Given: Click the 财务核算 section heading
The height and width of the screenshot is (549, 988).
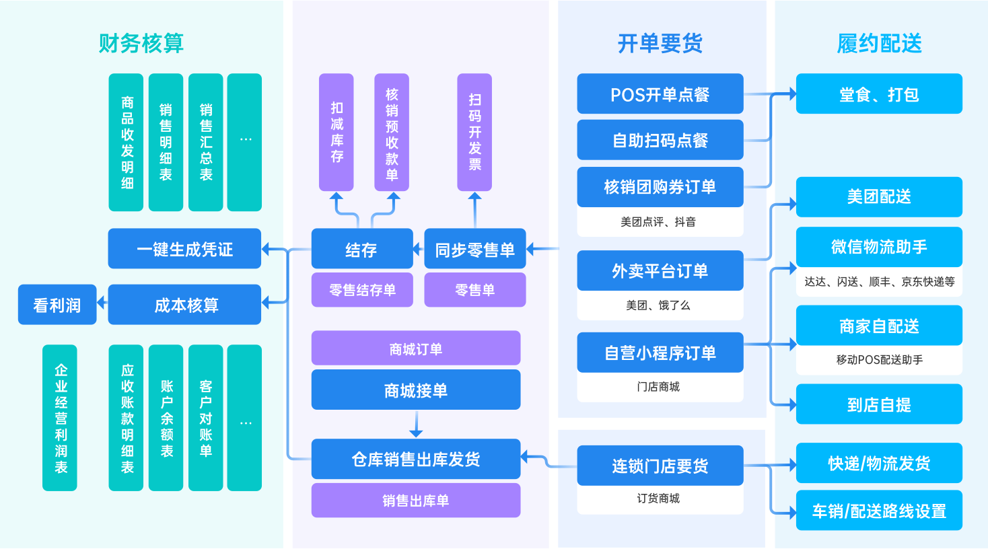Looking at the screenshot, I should pos(141,43).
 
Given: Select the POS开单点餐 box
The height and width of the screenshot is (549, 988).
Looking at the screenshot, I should pos(660,94).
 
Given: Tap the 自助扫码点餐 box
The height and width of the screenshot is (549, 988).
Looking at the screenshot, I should pos(660,140).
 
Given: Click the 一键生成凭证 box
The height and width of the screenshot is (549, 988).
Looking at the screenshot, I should pos(184,249).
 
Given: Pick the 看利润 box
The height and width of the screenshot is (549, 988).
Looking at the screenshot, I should pos(57,305).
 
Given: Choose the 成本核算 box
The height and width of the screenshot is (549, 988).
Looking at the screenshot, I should pos(184,305).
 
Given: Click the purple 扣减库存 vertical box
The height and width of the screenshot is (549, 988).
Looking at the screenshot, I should pos(337,133).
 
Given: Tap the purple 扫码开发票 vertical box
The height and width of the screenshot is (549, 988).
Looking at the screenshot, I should pos(474,133).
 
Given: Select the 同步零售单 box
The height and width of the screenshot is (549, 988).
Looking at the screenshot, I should pos(474,250).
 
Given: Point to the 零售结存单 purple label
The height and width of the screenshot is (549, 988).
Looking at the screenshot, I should pos(362,290).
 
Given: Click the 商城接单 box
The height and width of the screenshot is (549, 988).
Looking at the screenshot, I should pos(415,390).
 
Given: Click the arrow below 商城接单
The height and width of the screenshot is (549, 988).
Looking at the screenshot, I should pos(416,425).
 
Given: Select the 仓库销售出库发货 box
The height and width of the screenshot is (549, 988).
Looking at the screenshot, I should pos(415,459).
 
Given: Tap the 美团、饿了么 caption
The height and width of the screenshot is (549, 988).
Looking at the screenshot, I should pos(658,305).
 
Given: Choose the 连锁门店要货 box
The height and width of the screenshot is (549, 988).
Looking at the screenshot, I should pos(660,466).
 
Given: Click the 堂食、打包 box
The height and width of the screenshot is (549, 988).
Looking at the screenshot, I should pos(878,94).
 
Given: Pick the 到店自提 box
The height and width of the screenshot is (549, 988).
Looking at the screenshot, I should pos(878,404).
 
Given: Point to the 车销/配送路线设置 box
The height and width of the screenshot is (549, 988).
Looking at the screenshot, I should pos(878,511).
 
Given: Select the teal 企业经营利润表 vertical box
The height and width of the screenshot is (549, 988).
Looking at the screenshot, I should pos(60,418).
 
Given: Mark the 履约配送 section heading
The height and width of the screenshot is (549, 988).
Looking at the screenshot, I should pos(878,43).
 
